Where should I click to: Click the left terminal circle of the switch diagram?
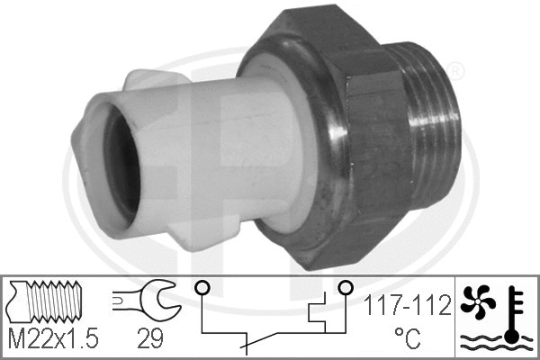[202, 288]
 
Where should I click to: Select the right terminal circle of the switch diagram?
[345, 288]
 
